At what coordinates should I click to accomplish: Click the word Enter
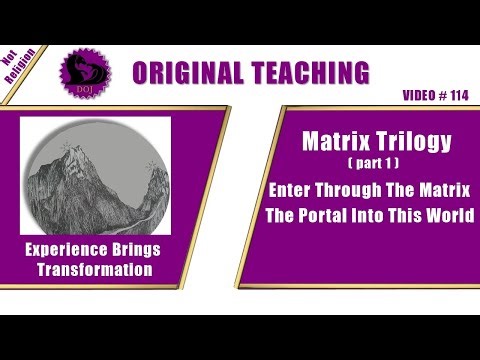point(319,189)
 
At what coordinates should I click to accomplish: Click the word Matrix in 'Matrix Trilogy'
point(335,142)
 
